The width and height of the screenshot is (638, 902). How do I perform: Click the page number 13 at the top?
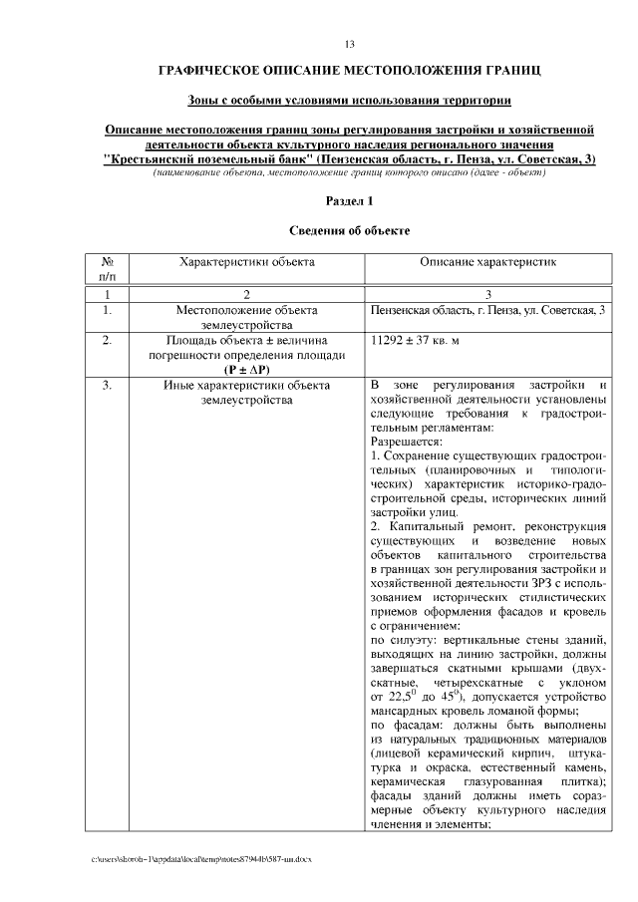349,44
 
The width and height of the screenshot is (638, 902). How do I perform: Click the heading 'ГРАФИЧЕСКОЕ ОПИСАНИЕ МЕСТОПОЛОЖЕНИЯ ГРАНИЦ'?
349,72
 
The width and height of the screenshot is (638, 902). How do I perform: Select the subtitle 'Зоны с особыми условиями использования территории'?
349,102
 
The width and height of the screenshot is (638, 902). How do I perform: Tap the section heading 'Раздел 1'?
349,201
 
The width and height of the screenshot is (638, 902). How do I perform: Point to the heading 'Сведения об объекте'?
349,230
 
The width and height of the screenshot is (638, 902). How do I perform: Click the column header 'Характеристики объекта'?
246,261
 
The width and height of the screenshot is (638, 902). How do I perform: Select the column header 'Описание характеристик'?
487,261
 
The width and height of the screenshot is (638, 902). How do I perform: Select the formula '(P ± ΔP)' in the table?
246,368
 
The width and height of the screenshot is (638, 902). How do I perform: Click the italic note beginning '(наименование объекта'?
349,172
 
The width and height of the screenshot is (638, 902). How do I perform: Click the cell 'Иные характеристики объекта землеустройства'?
246,392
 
